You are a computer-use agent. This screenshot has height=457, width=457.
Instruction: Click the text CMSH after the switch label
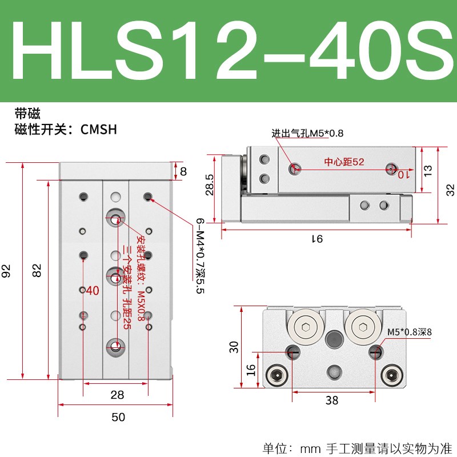(x=99, y=130)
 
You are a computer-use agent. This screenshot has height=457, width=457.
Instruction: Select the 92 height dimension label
(x=7, y=271)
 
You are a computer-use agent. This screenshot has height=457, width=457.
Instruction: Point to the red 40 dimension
(x=93, y=291)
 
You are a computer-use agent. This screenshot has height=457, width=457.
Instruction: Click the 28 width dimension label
(x=117, y=395)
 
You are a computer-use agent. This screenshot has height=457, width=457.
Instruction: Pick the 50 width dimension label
(x=118, y=418)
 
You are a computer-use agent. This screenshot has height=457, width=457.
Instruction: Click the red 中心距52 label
(x=344, y=162)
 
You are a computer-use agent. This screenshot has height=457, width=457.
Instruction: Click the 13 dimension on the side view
(x=428, y=169)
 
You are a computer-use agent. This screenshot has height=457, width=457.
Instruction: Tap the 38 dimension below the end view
(x=331, y=400)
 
